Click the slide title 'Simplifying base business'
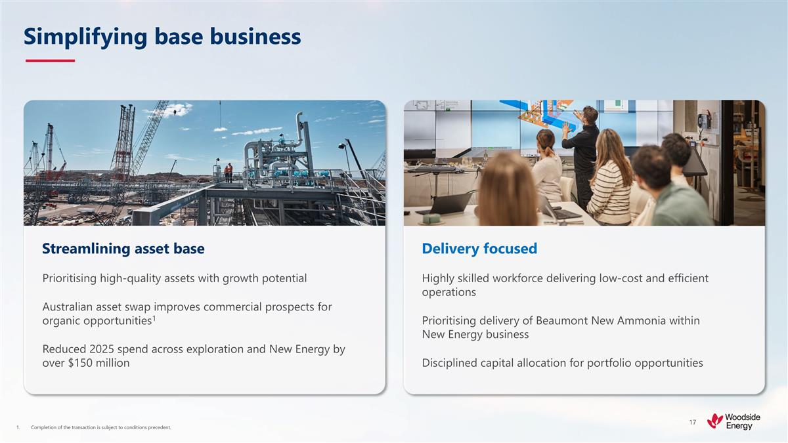[x=162, y=37]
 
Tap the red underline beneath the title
[x=50, y=61]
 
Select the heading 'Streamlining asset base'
[x=123, y=249]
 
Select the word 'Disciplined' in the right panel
[x=452, y=363]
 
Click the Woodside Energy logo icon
[x=714, y=421]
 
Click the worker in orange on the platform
[x=228, y=173]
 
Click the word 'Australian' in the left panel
[x=69, y=307]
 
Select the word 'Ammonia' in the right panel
[x=657, y=321]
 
